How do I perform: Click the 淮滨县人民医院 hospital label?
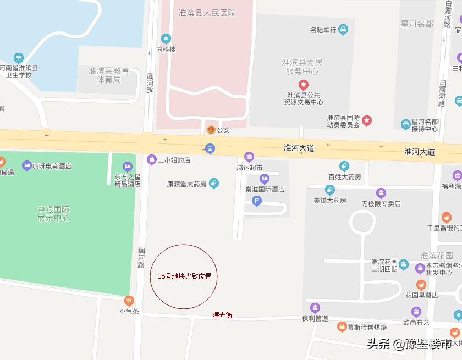tap(207, 13)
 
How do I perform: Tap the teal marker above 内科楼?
tap(166, 38)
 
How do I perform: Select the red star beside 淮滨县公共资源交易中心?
tap(304, 85)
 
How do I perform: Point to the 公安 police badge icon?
tap(210, 130)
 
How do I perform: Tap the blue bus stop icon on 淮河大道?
tap(209, 148)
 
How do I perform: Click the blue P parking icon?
tap(256, 202)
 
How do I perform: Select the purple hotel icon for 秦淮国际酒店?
tap(264, 179)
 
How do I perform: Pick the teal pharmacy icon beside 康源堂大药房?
tap(214, 184)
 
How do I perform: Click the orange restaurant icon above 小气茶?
tap(129, 300)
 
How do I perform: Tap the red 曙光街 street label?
tap(222, 315)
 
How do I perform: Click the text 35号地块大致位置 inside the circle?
tap(184, 276)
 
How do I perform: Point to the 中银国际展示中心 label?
tap(53, 214)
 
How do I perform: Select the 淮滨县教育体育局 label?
tap(109, 75)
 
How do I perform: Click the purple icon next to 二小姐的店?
tap(152, 160)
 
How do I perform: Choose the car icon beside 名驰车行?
tap(343, 30)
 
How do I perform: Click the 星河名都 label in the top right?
tap(417, 24)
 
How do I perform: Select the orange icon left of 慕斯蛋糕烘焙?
tap(342, 327)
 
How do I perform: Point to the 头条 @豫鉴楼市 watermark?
tap(409, 344)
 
